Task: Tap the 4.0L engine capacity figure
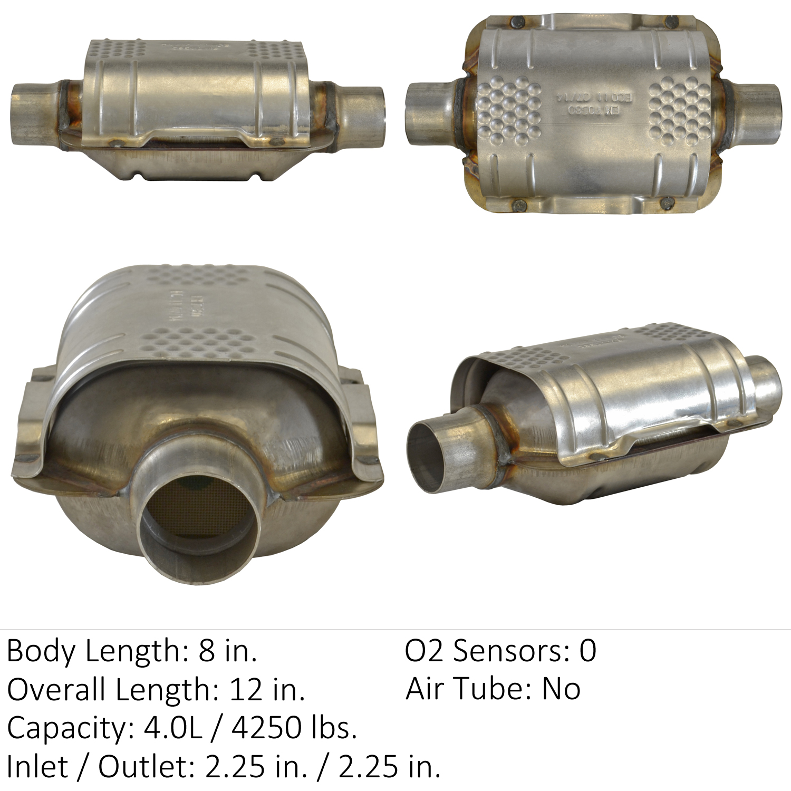(x=173, y=728)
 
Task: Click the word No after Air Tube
(x=561, y=689)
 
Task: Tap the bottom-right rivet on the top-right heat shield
(x=667, y=201)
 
